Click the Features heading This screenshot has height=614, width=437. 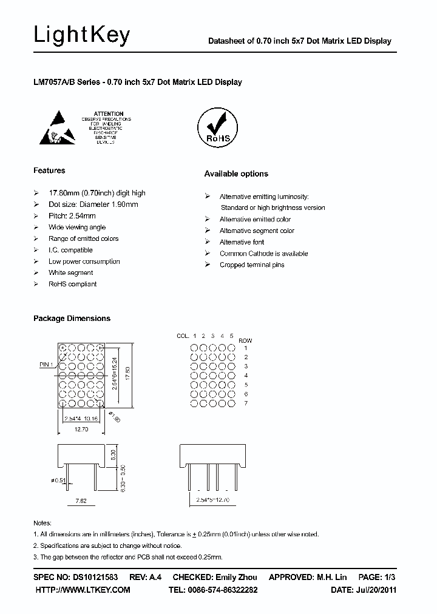pos(49,170)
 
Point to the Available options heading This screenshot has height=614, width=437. pos(235,174)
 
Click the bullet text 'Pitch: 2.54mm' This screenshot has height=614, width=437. pos(72,216)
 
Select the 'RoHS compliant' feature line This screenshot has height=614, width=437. pos(72,284)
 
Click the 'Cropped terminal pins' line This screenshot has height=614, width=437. pos(252,265)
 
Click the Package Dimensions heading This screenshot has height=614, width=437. pos(72,318)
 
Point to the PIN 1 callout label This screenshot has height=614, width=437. pos(46,364)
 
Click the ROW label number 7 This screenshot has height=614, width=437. pos(245,403)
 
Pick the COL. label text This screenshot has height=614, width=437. pos(183,336)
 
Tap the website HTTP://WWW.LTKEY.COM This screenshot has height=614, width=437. pos(83,590)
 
